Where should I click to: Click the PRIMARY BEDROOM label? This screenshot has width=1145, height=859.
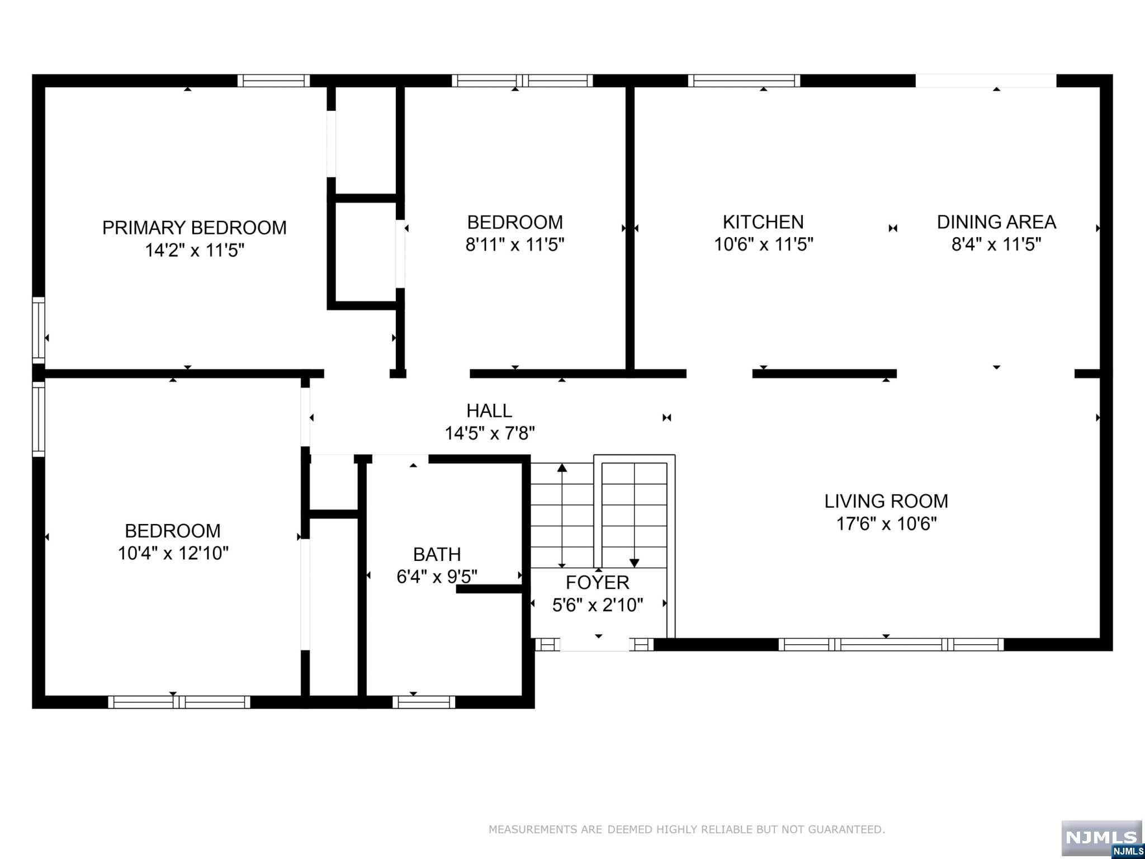[194, 228]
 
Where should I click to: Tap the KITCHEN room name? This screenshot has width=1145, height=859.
[763, 222]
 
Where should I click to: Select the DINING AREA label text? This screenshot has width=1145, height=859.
[996, 222]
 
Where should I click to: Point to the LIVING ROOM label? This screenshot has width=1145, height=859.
[886, 501]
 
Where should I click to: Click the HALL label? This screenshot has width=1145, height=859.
[489, 410]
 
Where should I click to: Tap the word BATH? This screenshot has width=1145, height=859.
[437, 554]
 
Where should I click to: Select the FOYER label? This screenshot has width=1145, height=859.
[598, 582]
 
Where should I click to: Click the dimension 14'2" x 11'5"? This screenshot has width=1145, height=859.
[195, 250]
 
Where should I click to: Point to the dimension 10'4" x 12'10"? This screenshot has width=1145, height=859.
[173, 553]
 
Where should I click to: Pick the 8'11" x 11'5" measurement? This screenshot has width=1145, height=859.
[515, 244]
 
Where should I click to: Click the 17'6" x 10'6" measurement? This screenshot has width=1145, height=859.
[886, 523]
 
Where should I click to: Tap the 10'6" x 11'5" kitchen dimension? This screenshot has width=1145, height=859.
[764, 244]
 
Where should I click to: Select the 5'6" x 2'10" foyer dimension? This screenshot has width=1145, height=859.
[598, 605]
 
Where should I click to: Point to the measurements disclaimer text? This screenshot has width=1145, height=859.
[687, 829]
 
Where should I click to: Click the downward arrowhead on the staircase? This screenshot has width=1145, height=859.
[634, 563]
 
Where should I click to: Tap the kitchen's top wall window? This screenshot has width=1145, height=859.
[744, 81]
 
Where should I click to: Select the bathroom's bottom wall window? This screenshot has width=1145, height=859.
[424, 702]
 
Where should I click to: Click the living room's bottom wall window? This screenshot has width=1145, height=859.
[891, 644]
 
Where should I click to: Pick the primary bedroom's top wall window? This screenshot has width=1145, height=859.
[273, 81]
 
